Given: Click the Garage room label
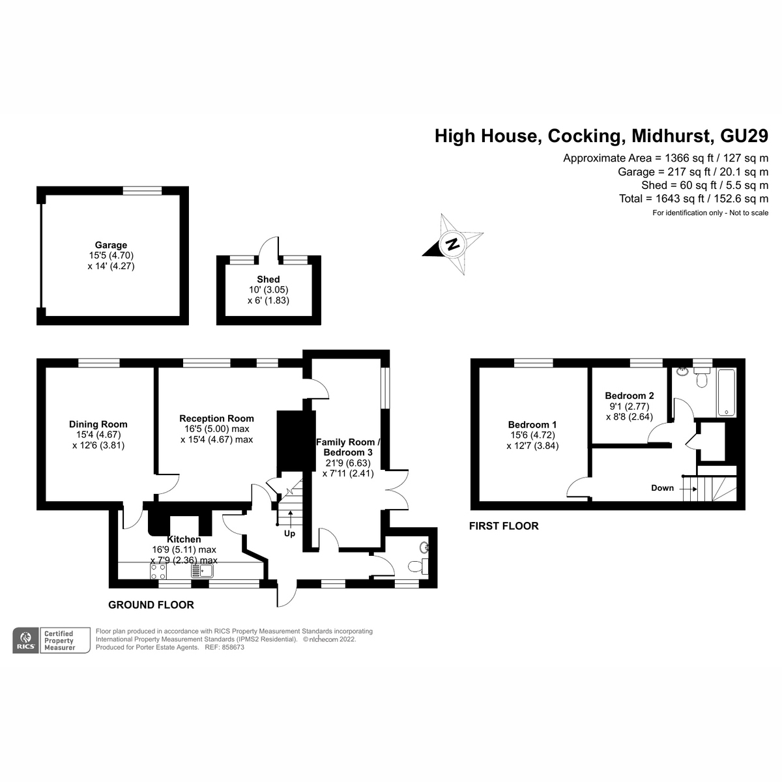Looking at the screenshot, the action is (111, 245).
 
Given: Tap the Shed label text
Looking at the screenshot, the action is (268, 279).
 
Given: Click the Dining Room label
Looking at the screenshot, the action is (98, 424).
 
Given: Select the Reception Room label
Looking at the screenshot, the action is (217, 418).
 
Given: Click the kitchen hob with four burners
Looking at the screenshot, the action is (158, 572).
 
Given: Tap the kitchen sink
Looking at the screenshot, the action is (202, 572).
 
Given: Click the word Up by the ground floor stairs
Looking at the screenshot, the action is (289, 534).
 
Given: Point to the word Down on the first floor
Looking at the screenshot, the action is (662, 488).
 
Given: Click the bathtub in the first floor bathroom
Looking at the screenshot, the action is (727, 392).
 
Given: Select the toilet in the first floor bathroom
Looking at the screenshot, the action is (702, 378).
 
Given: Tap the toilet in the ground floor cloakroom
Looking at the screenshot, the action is (418, 566).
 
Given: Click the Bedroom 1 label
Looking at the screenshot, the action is (532, 424).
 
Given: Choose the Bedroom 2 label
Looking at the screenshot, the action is (630, 396).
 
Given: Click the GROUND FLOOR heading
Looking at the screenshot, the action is (151, 605).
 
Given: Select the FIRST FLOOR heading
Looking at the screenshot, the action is (504, 526).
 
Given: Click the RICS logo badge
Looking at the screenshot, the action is (25, 641).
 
